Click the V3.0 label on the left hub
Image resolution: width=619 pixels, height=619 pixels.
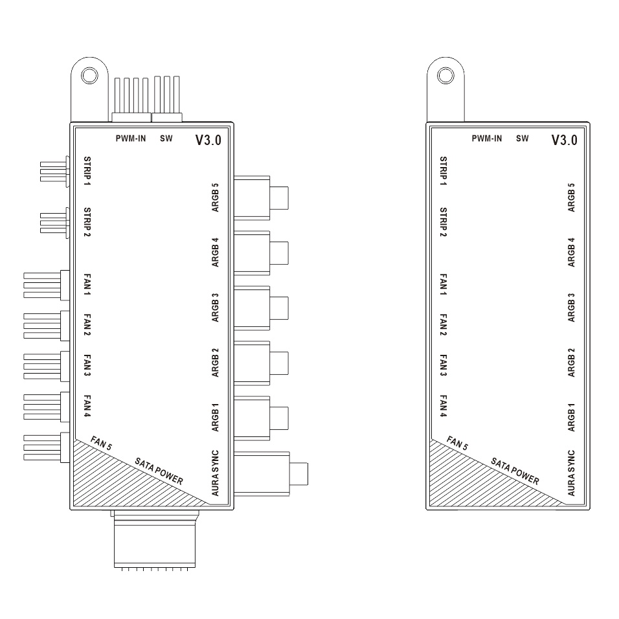(208, 140)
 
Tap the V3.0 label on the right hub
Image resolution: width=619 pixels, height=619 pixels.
(564, 140)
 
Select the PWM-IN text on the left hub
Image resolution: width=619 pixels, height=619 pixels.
(131, 139)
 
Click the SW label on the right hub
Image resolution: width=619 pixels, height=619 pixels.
(523, 139)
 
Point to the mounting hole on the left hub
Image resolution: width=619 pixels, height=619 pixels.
(89, 75)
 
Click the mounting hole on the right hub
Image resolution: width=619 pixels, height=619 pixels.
(445, 75)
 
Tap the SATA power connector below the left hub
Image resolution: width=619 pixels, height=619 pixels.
(155, 539)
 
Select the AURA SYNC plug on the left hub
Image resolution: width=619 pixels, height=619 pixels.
(271, 473)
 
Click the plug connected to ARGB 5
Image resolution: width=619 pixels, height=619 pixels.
(261, 197)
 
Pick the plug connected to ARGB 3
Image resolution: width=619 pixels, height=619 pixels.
(261, 308)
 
